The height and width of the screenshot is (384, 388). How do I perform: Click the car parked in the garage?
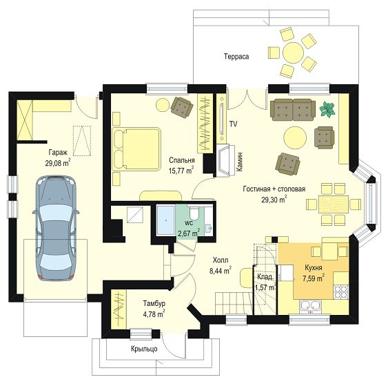[x=56, y=228]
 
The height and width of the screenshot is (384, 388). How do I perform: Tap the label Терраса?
[x=236, y=57]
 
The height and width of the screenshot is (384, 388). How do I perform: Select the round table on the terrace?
[x=293, y=52]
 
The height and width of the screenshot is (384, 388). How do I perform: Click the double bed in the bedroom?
[x=136, y=149]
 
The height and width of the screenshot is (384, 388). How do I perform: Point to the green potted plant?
[x=327, y=110]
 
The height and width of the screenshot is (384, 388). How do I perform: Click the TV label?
[x=233, y=124]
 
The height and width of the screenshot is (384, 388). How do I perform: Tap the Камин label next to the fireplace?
[x=240, y=162]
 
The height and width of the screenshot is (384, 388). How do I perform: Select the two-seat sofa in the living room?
[x=293, y=110]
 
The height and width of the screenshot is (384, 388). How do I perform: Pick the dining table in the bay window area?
[x=334, y=204]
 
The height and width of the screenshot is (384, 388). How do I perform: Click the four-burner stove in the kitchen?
[x=341, y=291]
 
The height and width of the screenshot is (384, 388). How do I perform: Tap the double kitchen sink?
[x=311, y=306]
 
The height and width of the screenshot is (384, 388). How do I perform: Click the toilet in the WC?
[x=194, y=213]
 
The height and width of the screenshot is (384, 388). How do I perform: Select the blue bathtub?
[x=166, y=220]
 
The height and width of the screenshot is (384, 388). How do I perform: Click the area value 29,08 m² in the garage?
[x=58, y=162]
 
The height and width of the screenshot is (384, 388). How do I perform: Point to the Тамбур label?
[x=154, y=303]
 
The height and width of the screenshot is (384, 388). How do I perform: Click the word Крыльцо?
[x=144, y=349]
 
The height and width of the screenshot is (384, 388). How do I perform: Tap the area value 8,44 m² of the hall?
[x=221, y=271]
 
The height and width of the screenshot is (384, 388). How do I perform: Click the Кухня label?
[x=314, y=268]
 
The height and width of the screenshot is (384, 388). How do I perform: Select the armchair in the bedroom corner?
[x=182, y=106]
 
